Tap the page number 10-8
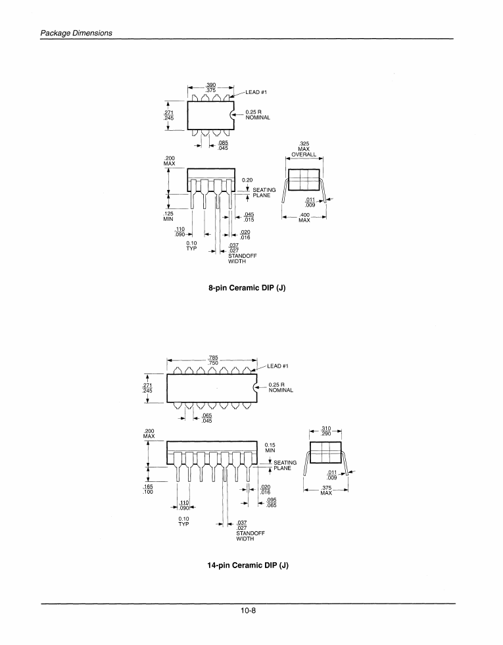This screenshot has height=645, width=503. (248, 611)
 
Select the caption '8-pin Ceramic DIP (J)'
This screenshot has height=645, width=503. (247, 287)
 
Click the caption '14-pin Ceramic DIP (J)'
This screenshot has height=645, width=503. (248, 565)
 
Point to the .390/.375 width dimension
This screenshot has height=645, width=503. (211, 87)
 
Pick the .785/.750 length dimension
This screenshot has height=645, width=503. (213, 360)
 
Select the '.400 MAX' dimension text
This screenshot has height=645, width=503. (304, 218)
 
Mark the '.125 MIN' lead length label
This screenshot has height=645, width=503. (168, 216)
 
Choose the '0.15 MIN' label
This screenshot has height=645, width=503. (270, 447)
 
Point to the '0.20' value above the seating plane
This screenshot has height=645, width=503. (247, 179)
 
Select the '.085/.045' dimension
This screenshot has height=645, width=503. (223, 145)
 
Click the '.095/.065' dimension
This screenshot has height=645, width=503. (270, 502)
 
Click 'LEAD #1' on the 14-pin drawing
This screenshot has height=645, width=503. (278, 366)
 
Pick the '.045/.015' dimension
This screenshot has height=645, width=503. (249, 216)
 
